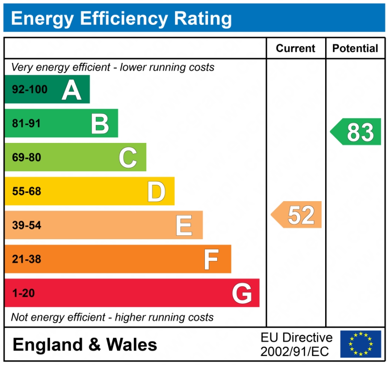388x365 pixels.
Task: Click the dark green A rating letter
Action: (x=71, y=89)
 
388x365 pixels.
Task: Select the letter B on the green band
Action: (x=100, y=124)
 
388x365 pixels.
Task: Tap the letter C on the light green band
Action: (x=127, y=157)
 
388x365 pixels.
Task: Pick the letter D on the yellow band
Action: (x=156, y=191)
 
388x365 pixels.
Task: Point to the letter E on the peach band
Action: (x=184, y=225)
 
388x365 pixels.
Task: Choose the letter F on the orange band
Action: (x=211, y=259)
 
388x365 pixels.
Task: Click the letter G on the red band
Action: (x=242, y=293)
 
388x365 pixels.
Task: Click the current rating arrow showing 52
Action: (x=297, y=214)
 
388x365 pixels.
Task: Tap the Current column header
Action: (x=296, y=48)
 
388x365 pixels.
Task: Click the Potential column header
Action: (x=355, y=48)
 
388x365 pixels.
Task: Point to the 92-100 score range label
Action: (x=30, y=89)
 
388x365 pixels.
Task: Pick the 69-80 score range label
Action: (x=27, y=157)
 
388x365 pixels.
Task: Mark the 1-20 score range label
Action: (x=23, y=293)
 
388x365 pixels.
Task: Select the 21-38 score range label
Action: (x=27, y=259)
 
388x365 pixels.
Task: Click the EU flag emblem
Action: (x=360, y=344)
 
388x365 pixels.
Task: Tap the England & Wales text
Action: (x=85, y=344)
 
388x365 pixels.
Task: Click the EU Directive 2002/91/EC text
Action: (x=296, y=344)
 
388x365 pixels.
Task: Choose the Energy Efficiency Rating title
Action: (x=121, y=19)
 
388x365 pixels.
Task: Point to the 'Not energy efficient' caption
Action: (x=112, y=317)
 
